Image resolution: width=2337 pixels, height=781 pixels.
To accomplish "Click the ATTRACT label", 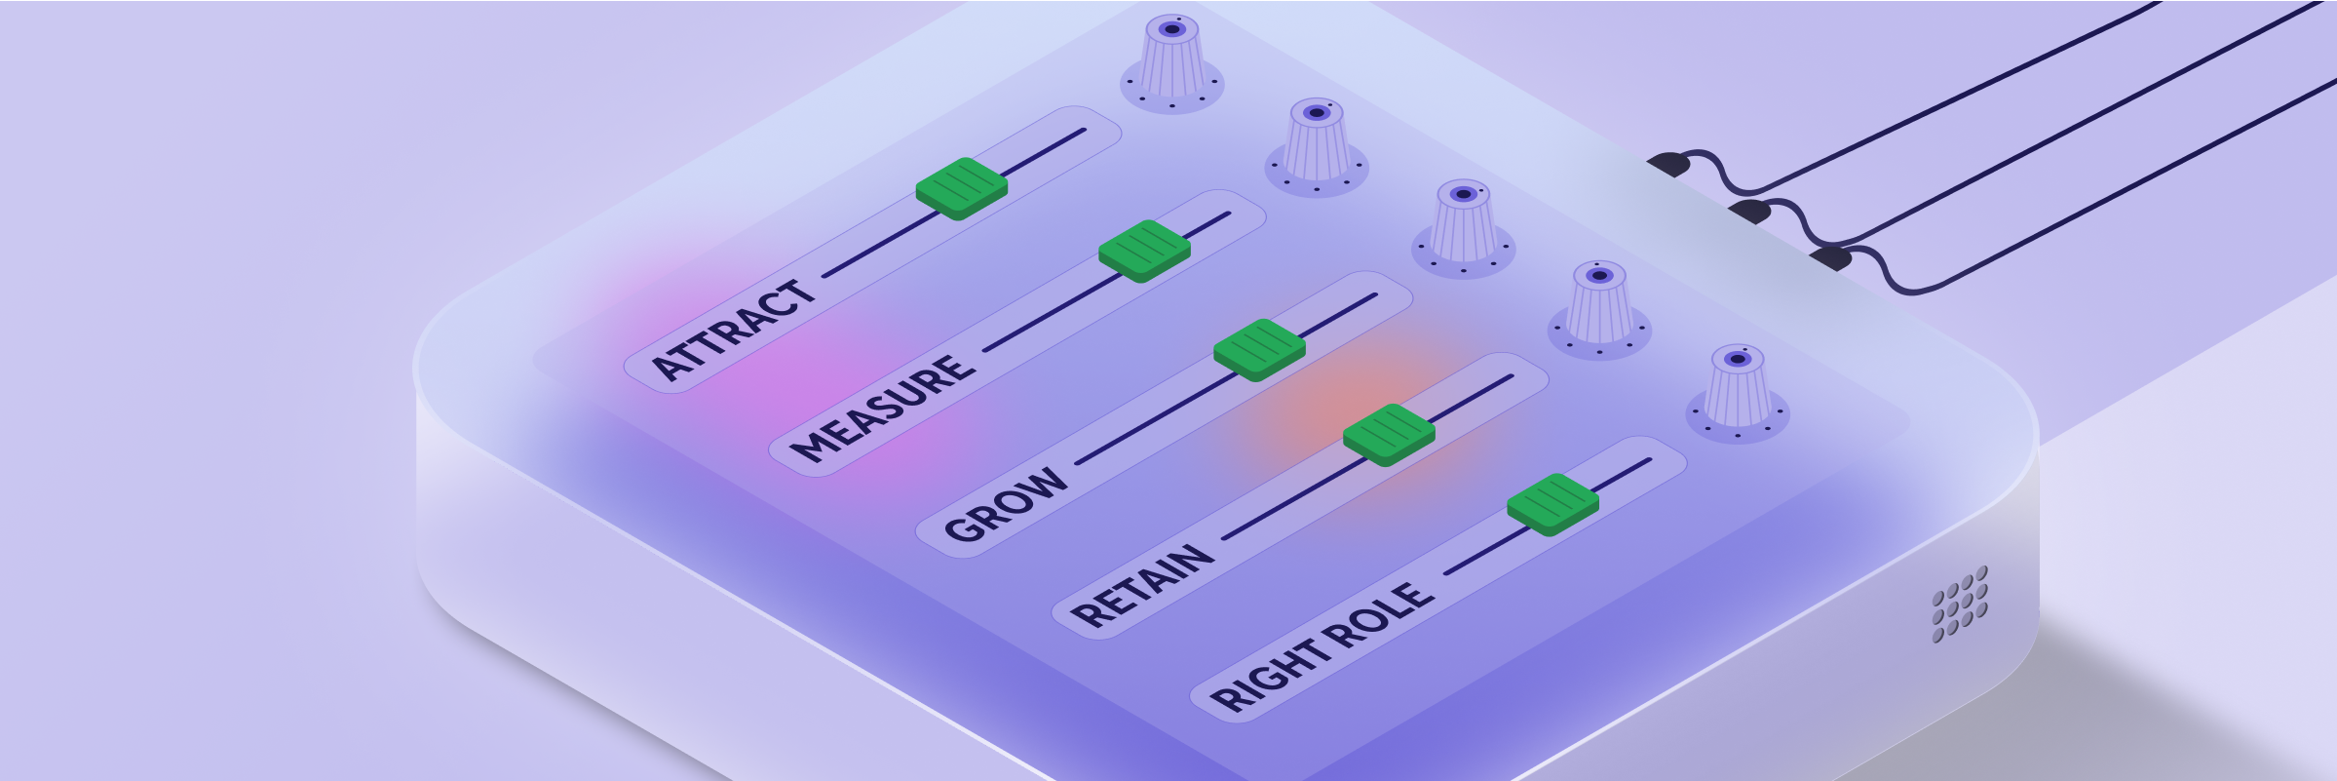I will (733, 330).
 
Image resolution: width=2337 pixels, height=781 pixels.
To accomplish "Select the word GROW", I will (1006, 503).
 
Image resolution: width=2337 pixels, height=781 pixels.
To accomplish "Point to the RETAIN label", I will (1142, 585).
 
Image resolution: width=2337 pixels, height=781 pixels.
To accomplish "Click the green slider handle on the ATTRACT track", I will (962, 187).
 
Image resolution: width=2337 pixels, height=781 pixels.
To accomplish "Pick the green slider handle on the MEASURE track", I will (1144, 250).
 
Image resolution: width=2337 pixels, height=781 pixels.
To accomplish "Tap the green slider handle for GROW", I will (1259, 348).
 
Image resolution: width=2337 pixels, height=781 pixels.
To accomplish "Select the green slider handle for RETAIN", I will (1389, 433).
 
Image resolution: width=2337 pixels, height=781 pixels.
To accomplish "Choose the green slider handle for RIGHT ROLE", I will (1552, 503).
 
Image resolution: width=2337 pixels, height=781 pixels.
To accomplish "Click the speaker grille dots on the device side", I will (1960, 605).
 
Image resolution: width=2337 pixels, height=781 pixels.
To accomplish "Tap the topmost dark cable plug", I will (1668, 163).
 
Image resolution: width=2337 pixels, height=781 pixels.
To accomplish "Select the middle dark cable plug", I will (1750, 211).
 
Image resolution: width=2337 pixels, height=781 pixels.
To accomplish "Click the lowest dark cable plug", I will (1831, 258).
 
